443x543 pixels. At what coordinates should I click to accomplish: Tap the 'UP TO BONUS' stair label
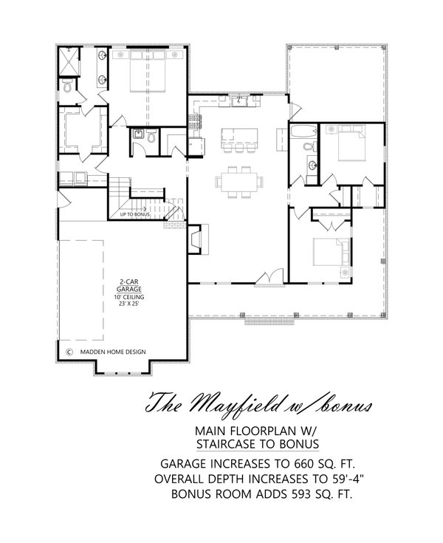pyautogui.click(x=135, y=215)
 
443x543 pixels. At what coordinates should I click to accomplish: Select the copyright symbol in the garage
pyautogui.click(x=69, y=352)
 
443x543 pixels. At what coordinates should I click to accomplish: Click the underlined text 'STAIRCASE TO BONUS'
pyautogui.click(x=258, y=444)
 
